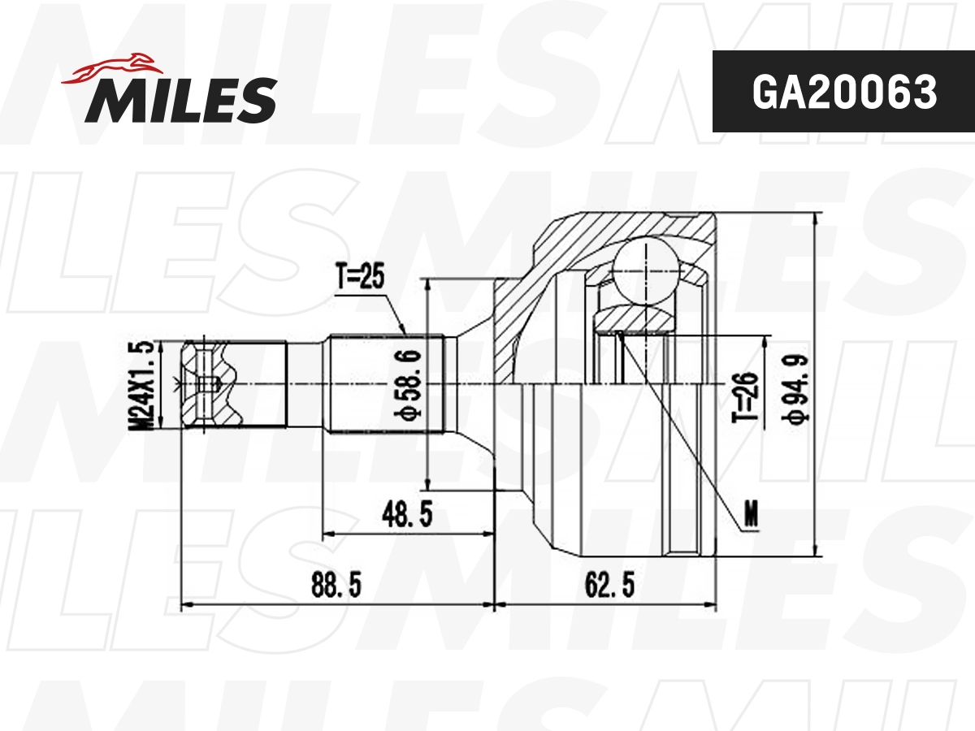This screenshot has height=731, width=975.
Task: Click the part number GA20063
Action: [843, 93]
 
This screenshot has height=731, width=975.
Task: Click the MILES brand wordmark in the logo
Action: [180, 101]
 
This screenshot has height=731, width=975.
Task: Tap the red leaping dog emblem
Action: [112, 69]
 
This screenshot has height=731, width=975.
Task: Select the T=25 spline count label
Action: [358, 279]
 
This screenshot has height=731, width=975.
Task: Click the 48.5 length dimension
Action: [407, 513]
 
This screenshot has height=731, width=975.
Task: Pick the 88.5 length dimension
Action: [336, 584]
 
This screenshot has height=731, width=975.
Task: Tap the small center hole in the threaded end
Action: [210, 384]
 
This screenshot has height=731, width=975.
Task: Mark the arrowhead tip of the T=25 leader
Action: [406, 334]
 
